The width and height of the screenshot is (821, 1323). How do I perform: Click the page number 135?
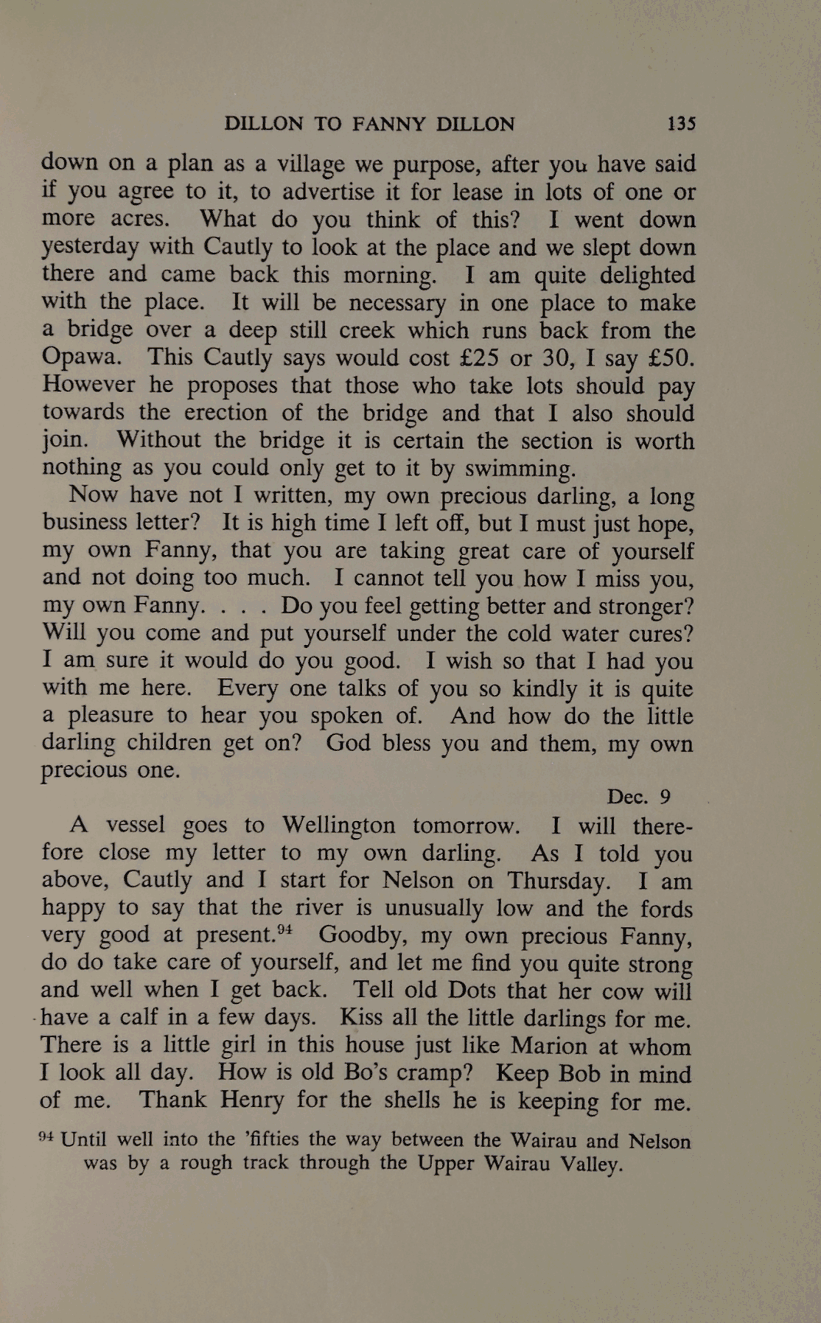(680, 123)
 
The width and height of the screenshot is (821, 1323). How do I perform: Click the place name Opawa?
(80, 357)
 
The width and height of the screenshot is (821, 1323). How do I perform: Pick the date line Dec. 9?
(638, 797)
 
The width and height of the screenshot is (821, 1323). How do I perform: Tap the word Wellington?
(338, 825)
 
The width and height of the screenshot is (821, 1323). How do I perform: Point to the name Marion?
(551, 1046)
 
